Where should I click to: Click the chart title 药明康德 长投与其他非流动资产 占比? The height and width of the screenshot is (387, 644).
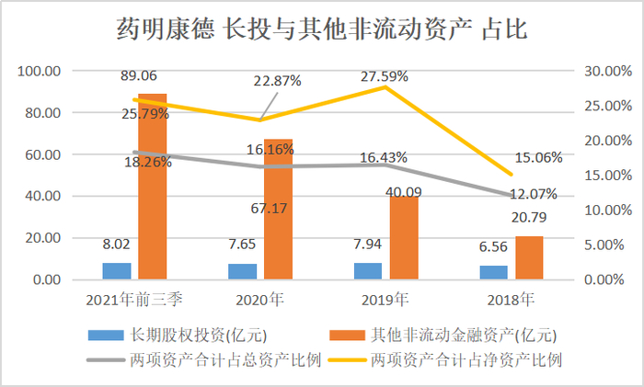tap(322, 31)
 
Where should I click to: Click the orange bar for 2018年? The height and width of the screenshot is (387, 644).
tap(529, 258)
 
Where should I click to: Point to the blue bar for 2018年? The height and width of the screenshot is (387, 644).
tap(494, 273)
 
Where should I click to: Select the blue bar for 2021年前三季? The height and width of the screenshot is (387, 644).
tap(117, 271)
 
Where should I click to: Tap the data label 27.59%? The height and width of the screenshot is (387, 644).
tap(385, 69)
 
